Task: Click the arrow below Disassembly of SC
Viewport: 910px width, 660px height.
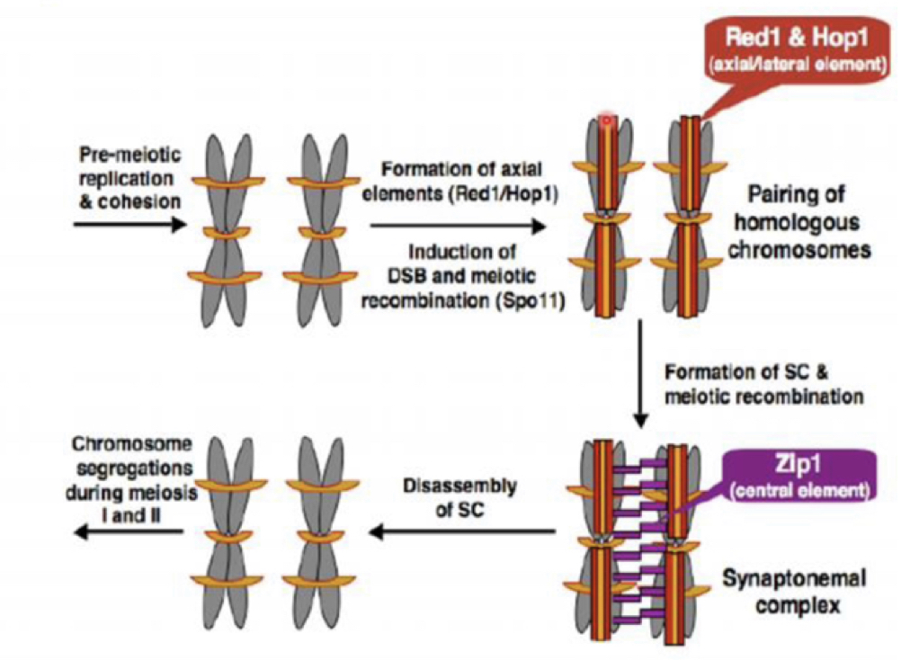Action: pos(462,532)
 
